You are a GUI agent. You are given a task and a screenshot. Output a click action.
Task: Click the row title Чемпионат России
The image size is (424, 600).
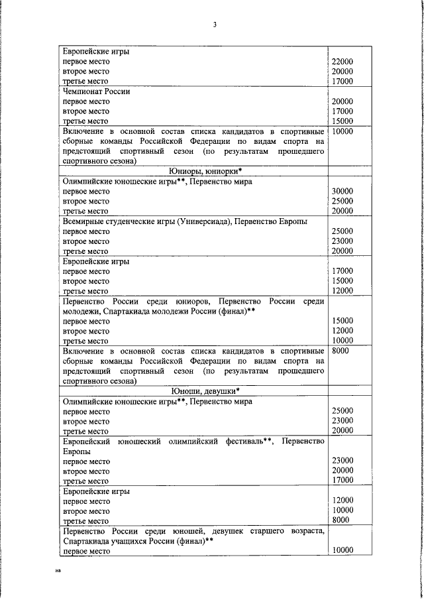[x=96, y=91]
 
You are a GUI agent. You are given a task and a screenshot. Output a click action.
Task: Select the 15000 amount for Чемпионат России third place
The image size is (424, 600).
[x=342, y=121]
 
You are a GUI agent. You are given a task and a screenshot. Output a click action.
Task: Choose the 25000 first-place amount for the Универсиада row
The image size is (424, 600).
[x=342, y=231]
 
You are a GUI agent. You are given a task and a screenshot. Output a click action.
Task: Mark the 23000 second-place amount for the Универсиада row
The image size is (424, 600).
[x=342, y=241]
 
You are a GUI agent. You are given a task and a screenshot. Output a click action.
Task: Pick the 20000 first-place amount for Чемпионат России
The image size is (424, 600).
[x=342, y=101]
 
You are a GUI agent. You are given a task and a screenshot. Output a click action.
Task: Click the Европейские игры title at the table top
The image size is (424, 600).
[x=95, y=51]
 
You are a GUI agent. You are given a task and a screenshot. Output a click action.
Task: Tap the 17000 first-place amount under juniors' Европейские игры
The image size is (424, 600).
[x=342, y=271]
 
